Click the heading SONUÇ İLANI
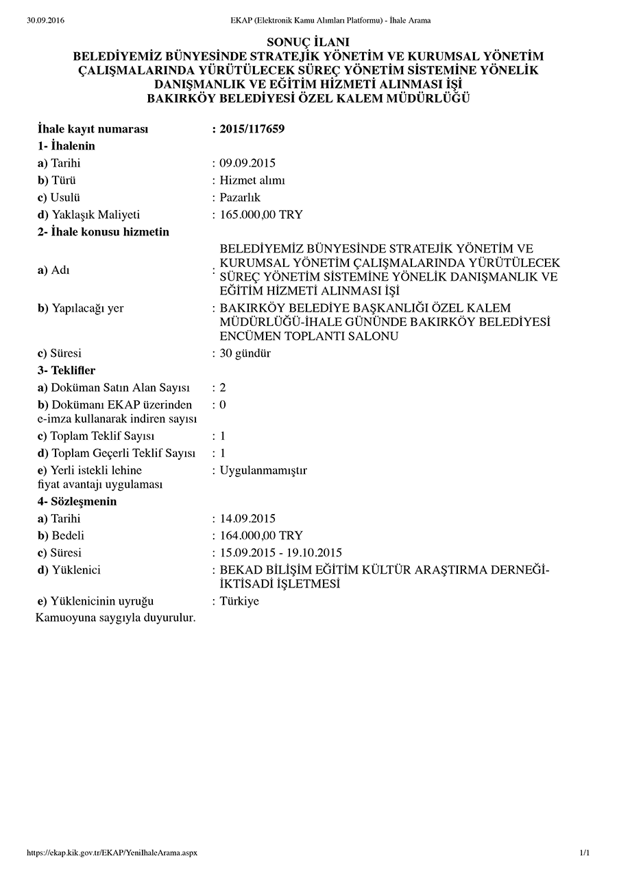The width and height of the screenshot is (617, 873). coord(308,43)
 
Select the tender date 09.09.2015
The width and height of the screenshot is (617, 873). coord(247,163)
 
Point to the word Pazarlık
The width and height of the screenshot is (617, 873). coord(240,198)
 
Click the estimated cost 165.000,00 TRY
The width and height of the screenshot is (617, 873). coord(261,215)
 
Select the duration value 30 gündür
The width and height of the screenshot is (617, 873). coord(245,353)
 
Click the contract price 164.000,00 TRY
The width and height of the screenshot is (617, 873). coord(261,535)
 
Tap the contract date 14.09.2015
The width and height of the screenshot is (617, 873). coord(247,518)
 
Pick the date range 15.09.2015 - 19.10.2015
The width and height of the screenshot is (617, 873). coord(281,552)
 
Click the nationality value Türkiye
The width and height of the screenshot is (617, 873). coord(239,601)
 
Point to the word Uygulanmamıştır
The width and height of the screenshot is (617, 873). coord(263,470)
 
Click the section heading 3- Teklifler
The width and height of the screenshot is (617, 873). coord(66,371)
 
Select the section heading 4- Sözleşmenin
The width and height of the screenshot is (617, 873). coord(77,501)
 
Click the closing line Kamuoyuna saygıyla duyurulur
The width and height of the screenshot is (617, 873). coord(116,618)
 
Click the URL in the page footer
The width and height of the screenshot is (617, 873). coord(112,852)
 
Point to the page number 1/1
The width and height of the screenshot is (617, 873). coord(584,852)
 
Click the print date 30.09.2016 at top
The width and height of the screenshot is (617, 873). coord(45,21)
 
